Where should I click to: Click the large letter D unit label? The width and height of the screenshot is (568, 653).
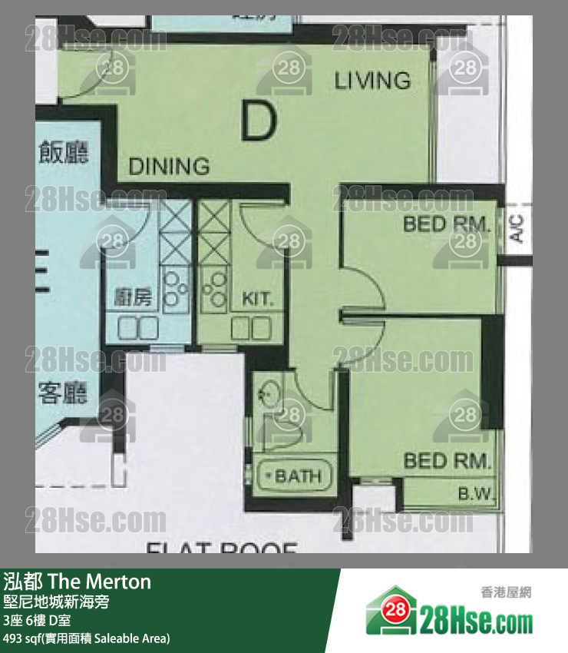[258, 121]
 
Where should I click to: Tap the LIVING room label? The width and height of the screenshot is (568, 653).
[372, 80]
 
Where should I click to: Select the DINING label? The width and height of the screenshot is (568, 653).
[169, 166]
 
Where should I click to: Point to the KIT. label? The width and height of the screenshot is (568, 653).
[257, 299]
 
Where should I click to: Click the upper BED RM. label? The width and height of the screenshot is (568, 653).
[447, 225]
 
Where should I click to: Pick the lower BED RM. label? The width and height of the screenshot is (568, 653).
[447, 461]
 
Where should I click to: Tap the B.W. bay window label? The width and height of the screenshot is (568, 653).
[477, 492]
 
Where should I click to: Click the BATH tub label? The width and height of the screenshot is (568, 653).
[297, 476]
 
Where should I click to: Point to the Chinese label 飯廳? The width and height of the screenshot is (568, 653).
[63, 151]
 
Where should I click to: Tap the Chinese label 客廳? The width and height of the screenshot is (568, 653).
[63, 393]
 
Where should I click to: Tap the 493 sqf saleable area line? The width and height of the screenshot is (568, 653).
[87, 638]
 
